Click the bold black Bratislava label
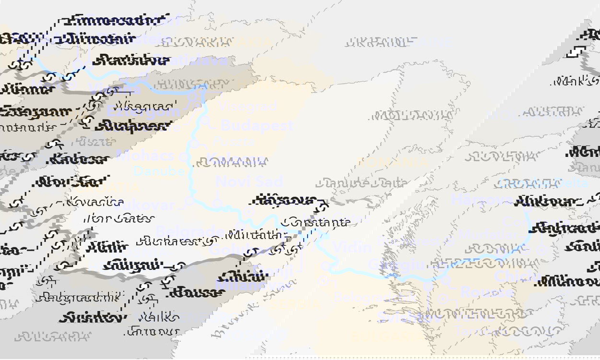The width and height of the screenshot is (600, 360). tap(130, 60)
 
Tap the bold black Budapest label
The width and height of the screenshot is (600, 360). tap(133, 126)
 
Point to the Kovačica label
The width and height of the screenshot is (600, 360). tap(95, 202)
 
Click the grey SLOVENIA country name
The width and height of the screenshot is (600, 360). tap(501, 156)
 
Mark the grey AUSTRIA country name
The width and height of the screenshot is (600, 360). tap(552, 112)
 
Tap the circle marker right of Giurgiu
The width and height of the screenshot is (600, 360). tap(181, 265)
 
